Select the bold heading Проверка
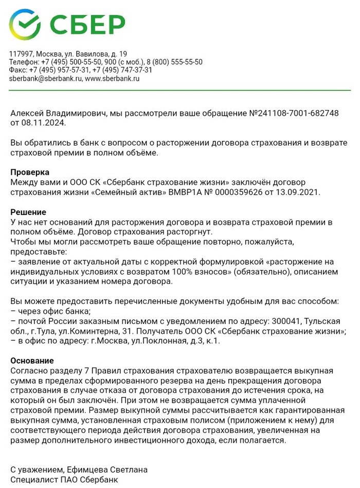(30, 172)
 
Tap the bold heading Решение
(28, 212)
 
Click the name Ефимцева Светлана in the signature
(102, 469)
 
